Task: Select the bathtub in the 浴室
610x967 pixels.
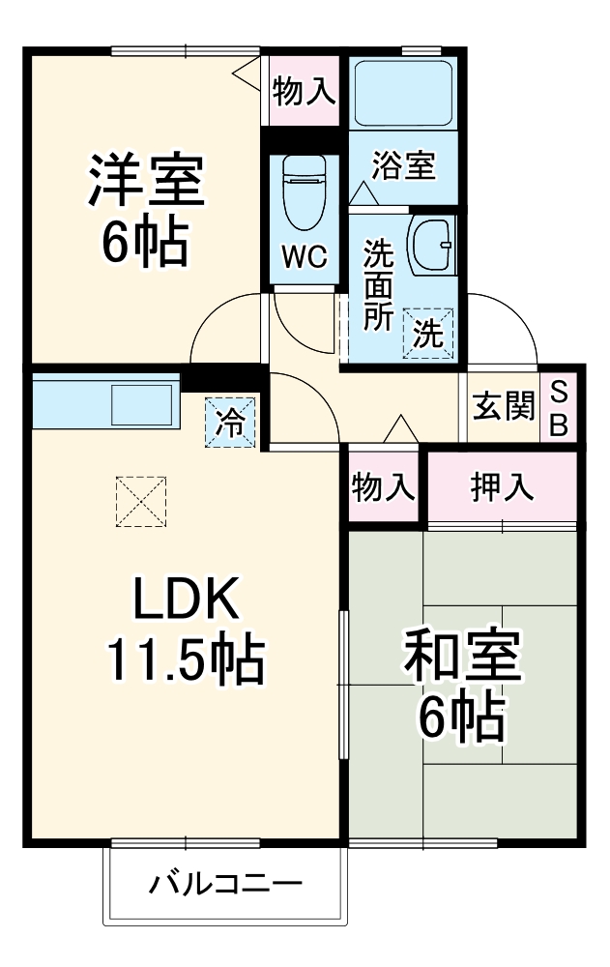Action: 401,95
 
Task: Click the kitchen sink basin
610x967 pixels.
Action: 143,401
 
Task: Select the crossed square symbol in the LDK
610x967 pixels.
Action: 141,501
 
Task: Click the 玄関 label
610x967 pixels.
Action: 503,407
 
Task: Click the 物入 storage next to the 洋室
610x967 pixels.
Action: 304,92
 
